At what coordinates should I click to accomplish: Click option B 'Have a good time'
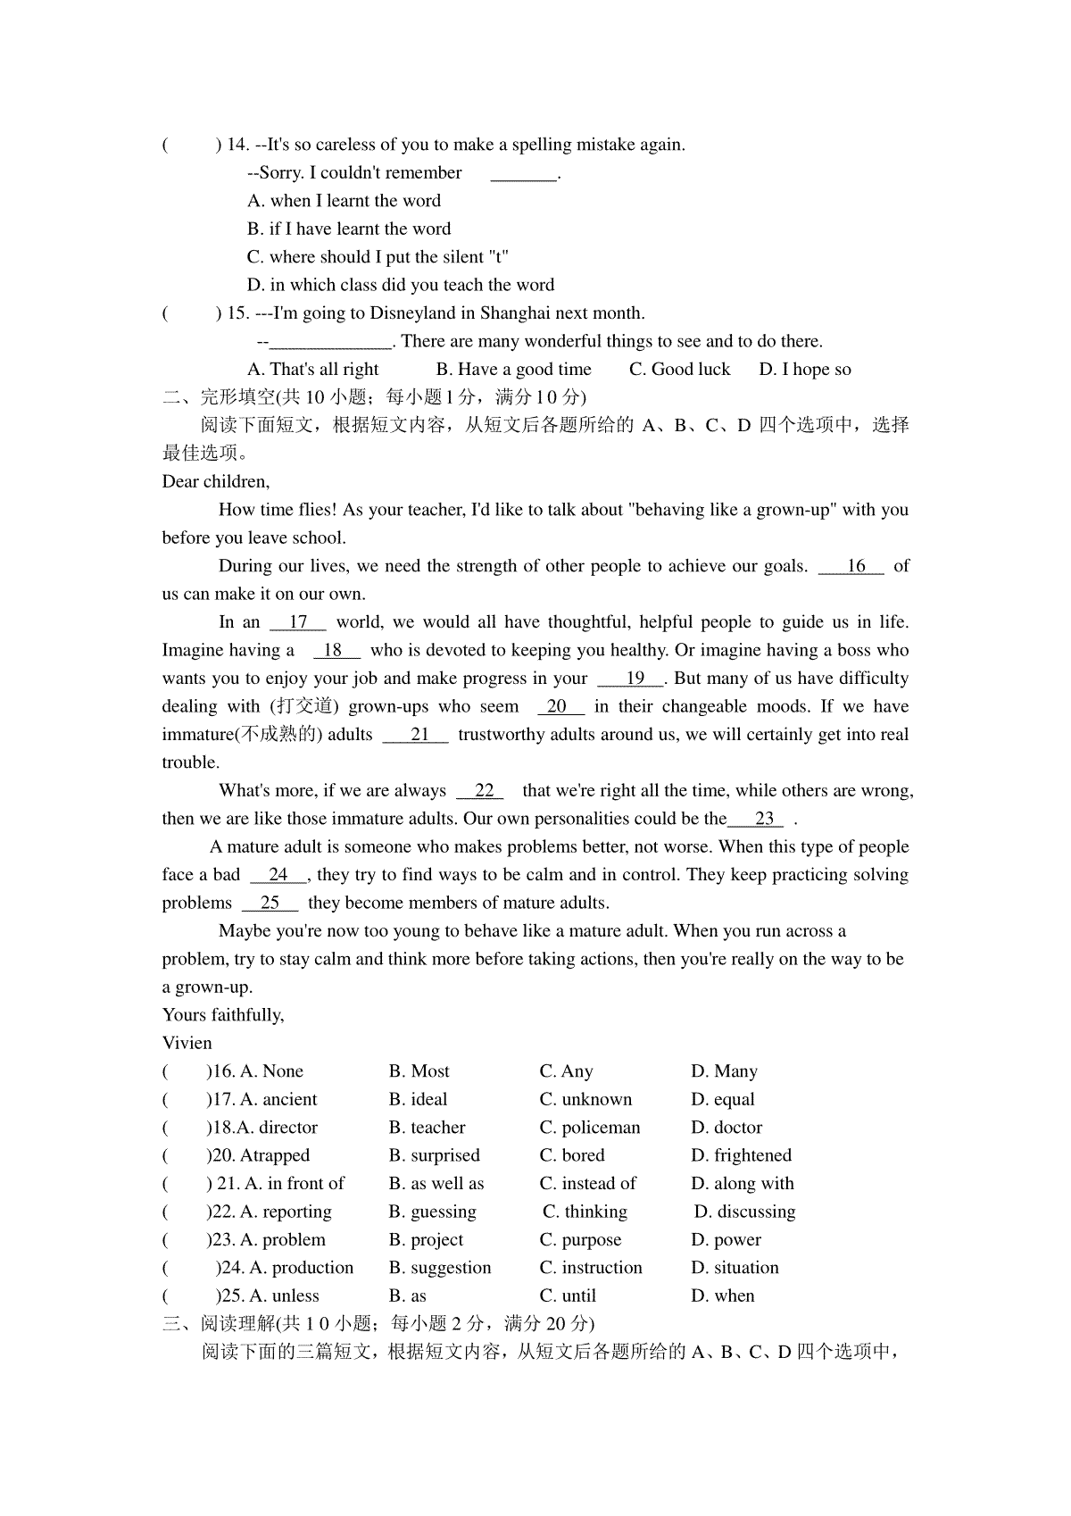click(513, 370)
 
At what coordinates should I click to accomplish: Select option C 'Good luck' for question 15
click(679, 370)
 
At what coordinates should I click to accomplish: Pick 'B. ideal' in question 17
click(418, 1100)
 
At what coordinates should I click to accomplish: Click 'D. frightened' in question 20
click(741, 1156)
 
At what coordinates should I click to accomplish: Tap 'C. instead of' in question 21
click(587, 1184)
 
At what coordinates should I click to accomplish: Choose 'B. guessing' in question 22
click(432, 1212)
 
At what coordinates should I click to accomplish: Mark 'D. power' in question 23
click(726, 1240)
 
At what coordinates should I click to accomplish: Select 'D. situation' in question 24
click(735, 1268)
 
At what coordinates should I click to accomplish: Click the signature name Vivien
click(187, 1044)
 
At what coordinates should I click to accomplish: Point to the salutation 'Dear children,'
click(215, 482)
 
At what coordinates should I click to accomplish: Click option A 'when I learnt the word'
click(344, 201)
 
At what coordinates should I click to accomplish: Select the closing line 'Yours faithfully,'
click(223, 1015)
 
